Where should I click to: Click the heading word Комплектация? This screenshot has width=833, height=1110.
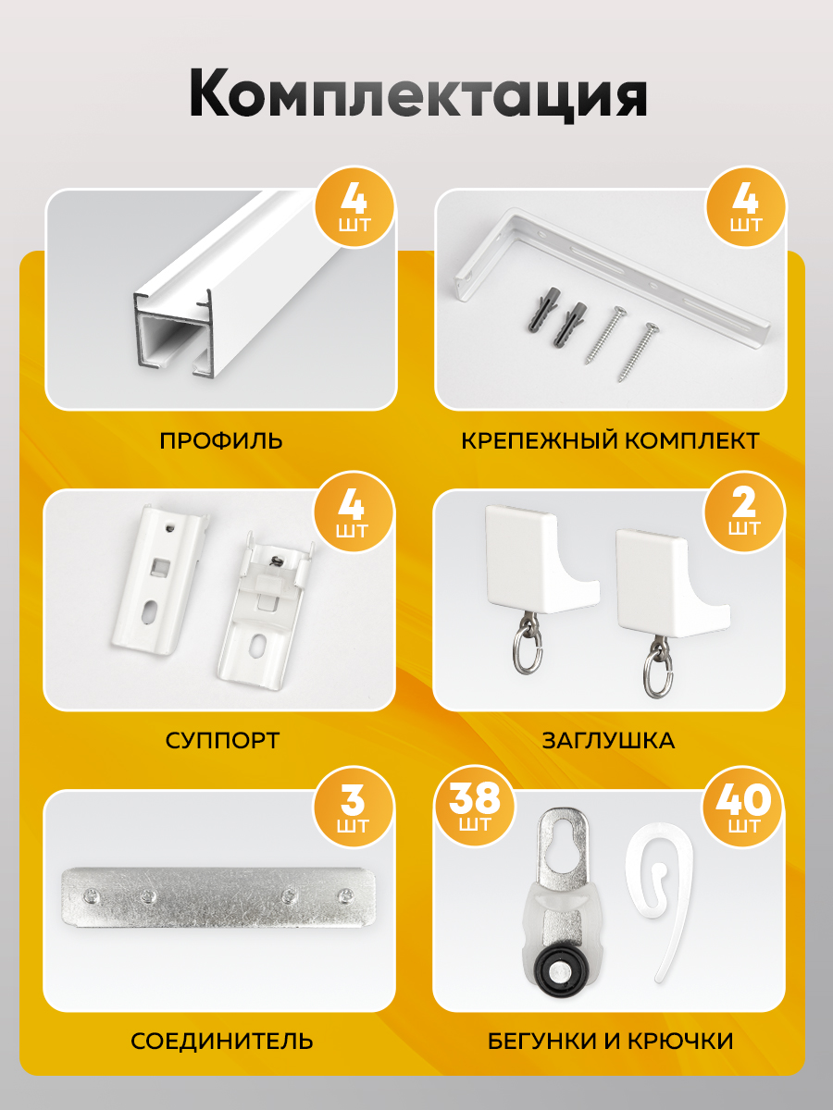[x=417, y=95]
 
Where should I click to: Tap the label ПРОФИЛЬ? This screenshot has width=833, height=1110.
[x=221, y=440]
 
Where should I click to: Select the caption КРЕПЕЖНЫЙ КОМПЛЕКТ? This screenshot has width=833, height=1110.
[x=611, y=440]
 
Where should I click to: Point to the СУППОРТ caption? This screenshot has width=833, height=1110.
[x=222, y=741]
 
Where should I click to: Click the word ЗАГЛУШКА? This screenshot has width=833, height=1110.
[x=608, y=741]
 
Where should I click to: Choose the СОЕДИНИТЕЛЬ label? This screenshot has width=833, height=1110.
[x=222, y=1042]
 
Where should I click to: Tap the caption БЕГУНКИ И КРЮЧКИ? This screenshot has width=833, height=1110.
[x=611, y=1042]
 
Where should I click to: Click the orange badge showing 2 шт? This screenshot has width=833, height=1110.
[x=744, y=512]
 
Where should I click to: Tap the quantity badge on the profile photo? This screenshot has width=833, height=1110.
[x=354, y=208]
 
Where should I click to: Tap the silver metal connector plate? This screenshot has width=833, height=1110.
[x=218, y=897]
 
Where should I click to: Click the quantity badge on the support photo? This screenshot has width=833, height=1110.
[x=353, y=512]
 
